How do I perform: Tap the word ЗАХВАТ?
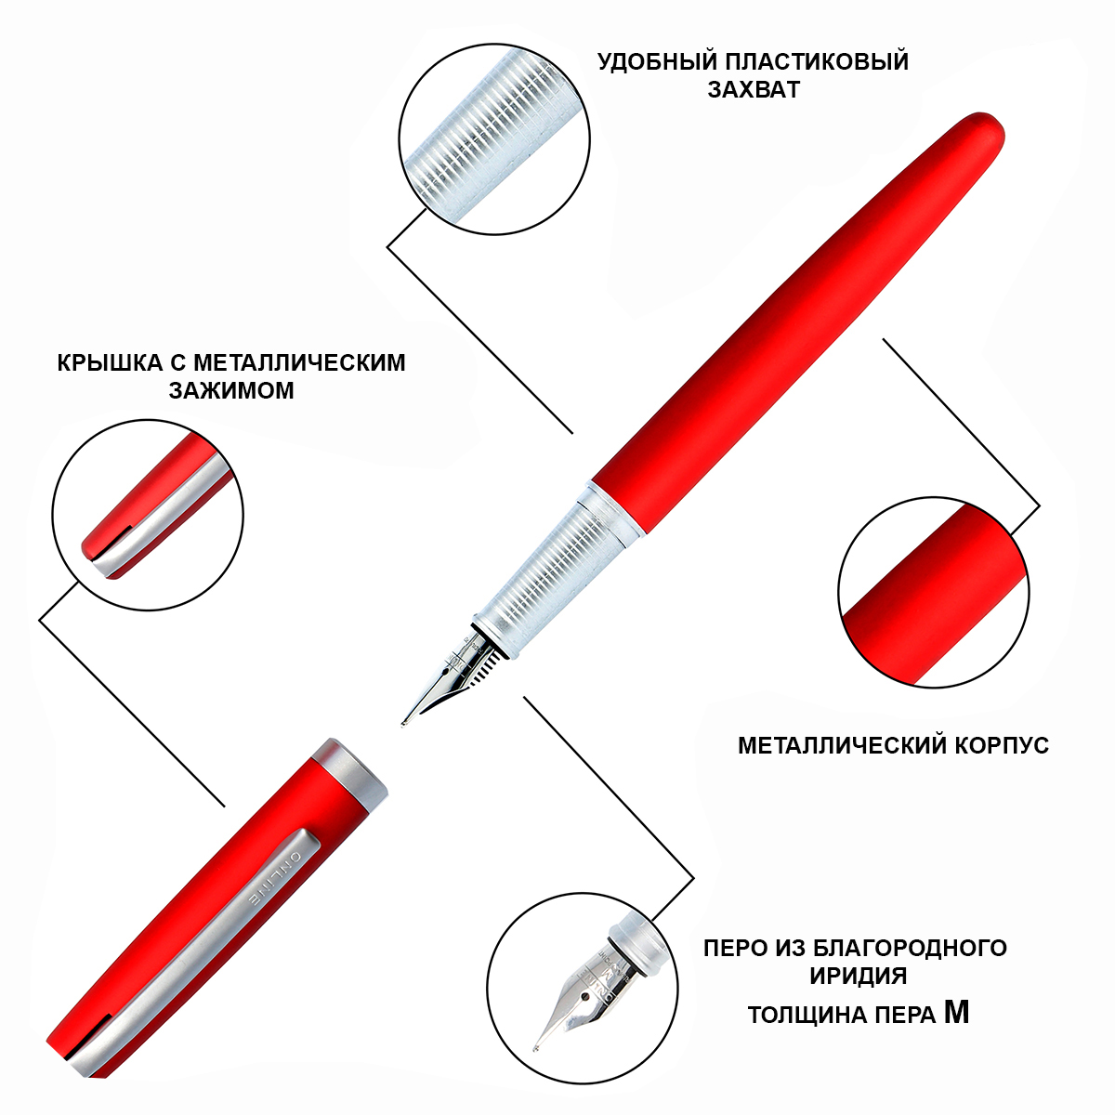pyautogui.click(x=754, y=90)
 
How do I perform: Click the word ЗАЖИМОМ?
pyautogui.click(x=231, y=390)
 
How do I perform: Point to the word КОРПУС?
pyautogui.click(x=1003, y=745)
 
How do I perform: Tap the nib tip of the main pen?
pyautogui.click(x=403, y=725)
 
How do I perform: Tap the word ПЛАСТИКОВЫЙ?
pyautogui.click(x=817, y=62)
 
